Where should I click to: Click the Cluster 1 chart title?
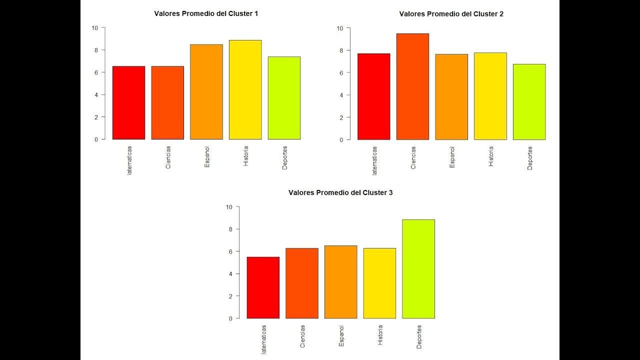coord(206,14)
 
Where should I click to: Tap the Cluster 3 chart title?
coord(340,192)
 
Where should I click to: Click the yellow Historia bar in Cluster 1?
coord(245,90)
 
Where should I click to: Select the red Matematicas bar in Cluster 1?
coord(128,103)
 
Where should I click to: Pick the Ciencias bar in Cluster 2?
coord(412,87)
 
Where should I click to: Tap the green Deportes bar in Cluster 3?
coord(418,269)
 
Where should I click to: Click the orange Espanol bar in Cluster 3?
coord(340,282)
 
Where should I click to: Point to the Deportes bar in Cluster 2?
coord(529,102)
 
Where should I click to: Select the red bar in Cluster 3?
coord(263,288)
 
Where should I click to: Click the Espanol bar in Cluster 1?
coord(206,92)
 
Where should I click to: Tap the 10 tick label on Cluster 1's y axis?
coord(95,28)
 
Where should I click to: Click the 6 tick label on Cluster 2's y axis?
coord(341,73)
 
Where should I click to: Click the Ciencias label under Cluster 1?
coord(168,157)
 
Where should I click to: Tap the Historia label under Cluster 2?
coord(491,156)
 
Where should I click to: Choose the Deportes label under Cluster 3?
coord(419,336)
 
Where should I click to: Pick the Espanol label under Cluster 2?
coord(452,157)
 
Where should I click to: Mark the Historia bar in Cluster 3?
coord(379,283)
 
